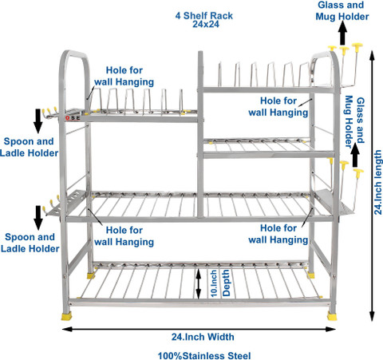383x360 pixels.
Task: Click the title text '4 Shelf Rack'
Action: click(x=203, y=16)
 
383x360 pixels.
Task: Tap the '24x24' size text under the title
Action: click(x=206, y=24)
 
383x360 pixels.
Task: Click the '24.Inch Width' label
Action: click(x=203, y=337)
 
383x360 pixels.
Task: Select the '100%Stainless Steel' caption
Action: click(x=204, y=356)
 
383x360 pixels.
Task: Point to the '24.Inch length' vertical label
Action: click(x=377, y=183)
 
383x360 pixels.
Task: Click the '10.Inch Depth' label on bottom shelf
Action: click(x=219, y=283)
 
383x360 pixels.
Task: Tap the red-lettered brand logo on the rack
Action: click(x=73, y=117)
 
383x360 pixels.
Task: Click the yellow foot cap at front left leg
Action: click(x=67, y=316)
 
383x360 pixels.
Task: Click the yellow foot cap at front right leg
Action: click(x=332, y=316)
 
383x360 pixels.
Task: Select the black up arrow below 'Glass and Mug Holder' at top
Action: click(x=343, y=33)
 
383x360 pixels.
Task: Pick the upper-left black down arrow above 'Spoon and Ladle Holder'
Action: click(x=38, y=121)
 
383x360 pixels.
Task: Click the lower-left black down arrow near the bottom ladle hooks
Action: click(x=38, y=218)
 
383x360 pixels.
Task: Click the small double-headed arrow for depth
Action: click(x=199, y=283)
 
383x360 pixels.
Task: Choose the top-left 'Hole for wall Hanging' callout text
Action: click(x=124, y=76)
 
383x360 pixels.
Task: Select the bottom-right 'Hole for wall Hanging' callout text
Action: click(x=278, y=234)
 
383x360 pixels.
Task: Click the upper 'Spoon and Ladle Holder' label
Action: click(x=29, y=147)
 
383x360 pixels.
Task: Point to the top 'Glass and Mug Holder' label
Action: click(x=342, y=10)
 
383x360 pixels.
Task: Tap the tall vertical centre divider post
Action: click(x=200, y=134)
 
